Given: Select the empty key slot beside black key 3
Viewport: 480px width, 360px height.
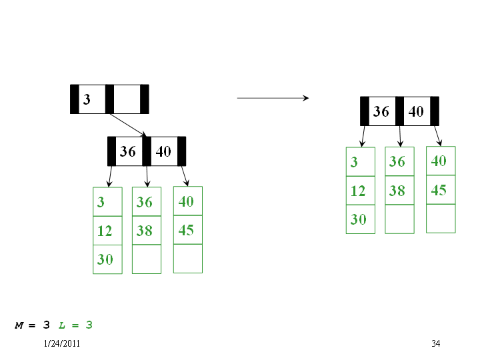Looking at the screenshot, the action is point(127,99).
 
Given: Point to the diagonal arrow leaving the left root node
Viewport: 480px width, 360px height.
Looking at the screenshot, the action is point(128,125).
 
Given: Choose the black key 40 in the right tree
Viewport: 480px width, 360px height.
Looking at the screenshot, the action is point(416,111).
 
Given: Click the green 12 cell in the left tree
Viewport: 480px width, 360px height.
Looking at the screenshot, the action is point(107,231).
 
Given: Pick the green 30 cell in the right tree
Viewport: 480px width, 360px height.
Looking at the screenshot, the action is point(360,219).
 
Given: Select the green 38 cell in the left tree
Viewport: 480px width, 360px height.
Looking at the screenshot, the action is point(147,230).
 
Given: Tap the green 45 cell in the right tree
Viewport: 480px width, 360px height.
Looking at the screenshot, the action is point(441,190).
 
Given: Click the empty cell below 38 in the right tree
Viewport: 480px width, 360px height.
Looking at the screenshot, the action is point(399,219).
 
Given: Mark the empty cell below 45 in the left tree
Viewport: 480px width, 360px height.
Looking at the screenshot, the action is point(188,259).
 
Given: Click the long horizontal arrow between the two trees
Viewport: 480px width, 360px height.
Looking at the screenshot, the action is point(273,98).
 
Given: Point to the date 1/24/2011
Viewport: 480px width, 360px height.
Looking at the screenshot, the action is point(62,343).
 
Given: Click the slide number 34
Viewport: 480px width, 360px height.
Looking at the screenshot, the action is point(436,343).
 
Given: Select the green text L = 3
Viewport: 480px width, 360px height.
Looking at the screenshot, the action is point(75,325).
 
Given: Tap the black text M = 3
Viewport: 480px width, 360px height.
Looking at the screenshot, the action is point(32,325).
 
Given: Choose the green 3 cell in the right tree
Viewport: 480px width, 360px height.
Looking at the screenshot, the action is point(360,161).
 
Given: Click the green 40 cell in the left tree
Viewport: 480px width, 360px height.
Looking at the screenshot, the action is point(188,201).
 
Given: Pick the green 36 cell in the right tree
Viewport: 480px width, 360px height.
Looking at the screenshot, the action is point(399,161).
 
